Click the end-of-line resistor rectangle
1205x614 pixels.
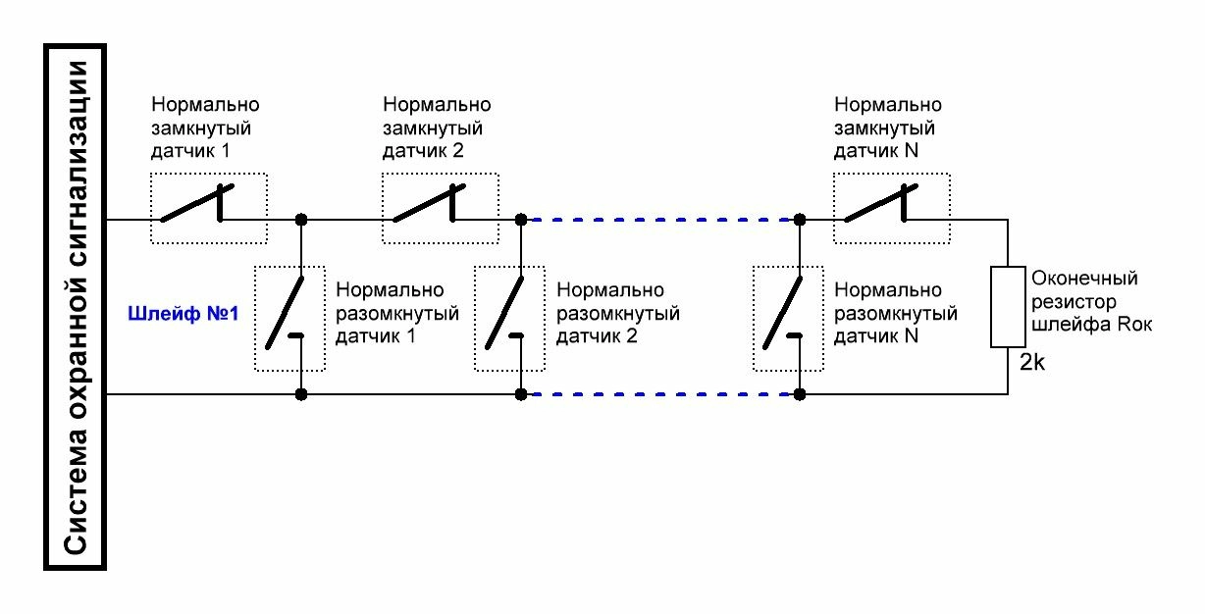tap(1008, 305)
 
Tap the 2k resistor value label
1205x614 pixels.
tap(1031, 362)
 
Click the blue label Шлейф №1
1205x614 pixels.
tap(183, 316)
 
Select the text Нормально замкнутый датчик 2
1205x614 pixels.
tap(436, 128)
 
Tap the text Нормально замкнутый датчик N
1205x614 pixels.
tap(887, 128)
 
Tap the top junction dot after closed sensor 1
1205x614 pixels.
tap(301, 219)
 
